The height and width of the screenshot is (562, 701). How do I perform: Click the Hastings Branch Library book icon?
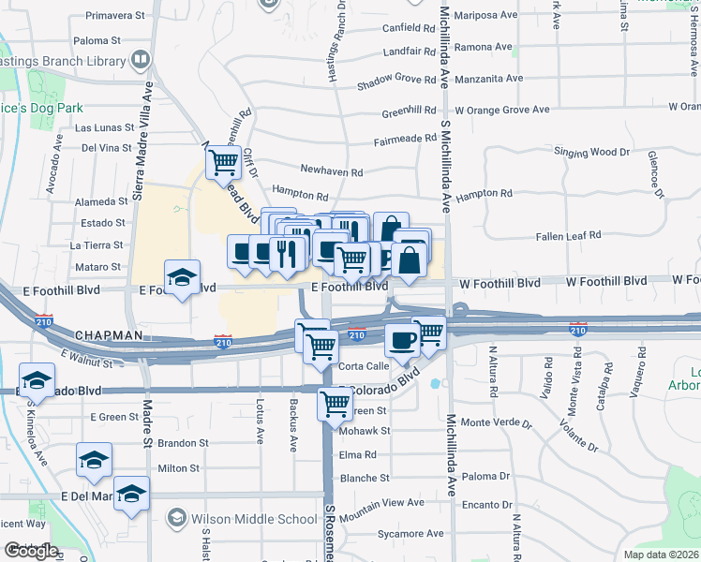click(x=141, y=60)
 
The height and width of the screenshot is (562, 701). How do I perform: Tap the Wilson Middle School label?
click(x=253, y=519)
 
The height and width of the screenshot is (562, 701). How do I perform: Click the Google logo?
click(x=31, y=550)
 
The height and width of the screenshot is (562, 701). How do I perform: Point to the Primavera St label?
click(x=115, y=16)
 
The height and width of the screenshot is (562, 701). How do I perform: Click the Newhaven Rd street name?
click(x=331, y=171)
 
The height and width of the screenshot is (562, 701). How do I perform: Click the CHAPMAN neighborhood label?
click(x=108, y=334)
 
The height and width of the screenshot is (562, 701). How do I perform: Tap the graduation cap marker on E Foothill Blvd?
click(x=182, y=276)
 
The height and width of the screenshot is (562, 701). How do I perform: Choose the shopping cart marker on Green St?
click(x=335, y=405)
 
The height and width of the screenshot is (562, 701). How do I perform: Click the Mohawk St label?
click(x=365, y=432)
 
